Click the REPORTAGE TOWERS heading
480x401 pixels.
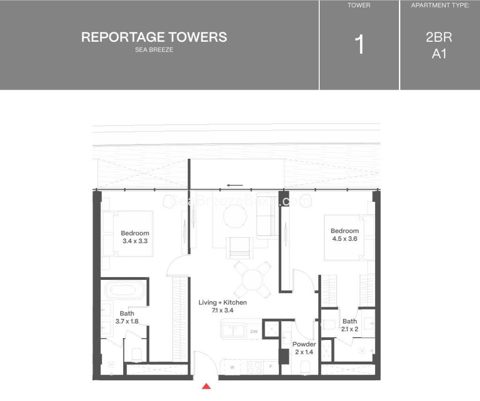click(x=154, y=37)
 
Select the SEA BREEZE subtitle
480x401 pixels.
click(x=154, y=50)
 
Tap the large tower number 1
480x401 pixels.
click(x=360, y=45)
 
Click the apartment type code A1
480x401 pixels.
click(x=439, y=54)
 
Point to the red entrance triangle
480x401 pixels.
click(x=206, y=386)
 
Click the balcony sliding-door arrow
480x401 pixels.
click(x=235, y=185)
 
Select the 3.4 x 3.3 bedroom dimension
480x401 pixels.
click(x=135, y=241)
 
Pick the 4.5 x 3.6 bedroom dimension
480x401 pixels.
click(x=345, y=239)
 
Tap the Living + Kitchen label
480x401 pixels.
click(x=222, y=302)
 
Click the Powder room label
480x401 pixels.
click(x=304, y=344)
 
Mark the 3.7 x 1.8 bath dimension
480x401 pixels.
click(x=127, y=322)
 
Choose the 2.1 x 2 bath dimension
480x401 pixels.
click(x=350, y=329)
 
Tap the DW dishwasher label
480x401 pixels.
click(x=254, y=332)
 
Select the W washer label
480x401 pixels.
click(x=232, y=367)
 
